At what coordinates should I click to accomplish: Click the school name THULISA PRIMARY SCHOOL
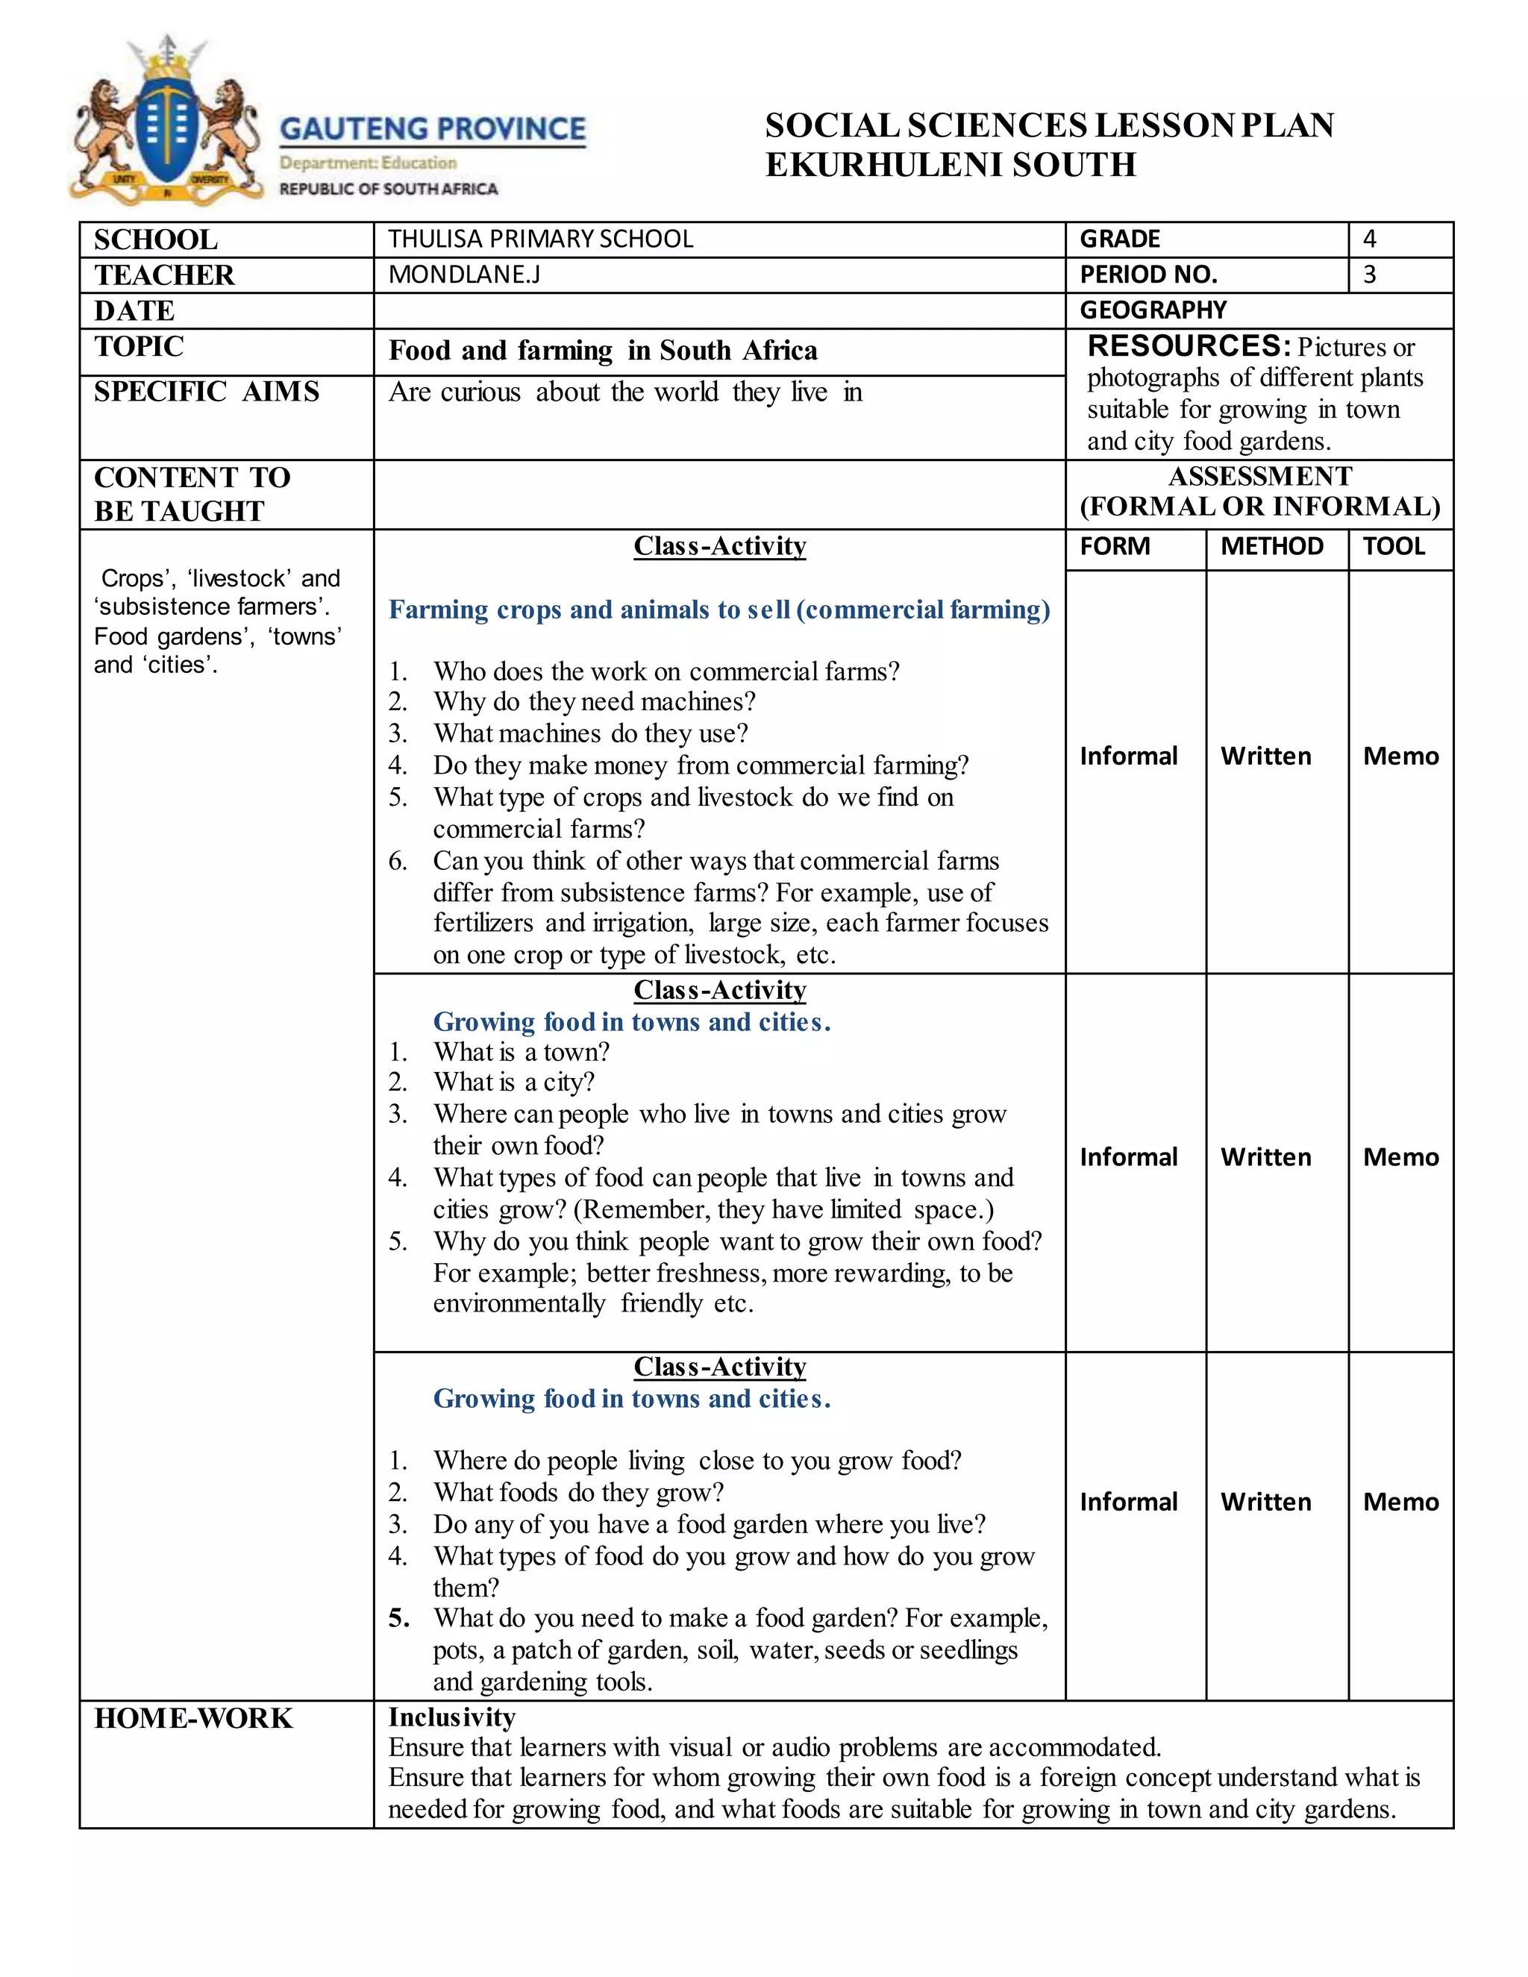(540, 239)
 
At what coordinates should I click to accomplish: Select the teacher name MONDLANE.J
(463, 275)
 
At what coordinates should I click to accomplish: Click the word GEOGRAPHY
(1152, 310)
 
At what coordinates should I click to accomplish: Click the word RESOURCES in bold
(1189, 346)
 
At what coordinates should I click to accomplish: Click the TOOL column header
(1393, 547)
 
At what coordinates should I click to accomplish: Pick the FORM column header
(1115, 547)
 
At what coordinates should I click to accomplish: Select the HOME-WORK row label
(194, 1718)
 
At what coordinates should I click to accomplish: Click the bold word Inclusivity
(451, 1717)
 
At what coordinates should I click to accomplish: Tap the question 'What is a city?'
(513, 1083)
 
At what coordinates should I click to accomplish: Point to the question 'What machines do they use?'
(590, 733)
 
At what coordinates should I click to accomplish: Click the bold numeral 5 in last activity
(398, 1619)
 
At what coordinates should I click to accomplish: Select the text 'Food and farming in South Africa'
(603, 351)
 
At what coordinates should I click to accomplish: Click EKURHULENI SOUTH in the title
(951, 165)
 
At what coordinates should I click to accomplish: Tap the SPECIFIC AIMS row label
(207, 392)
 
